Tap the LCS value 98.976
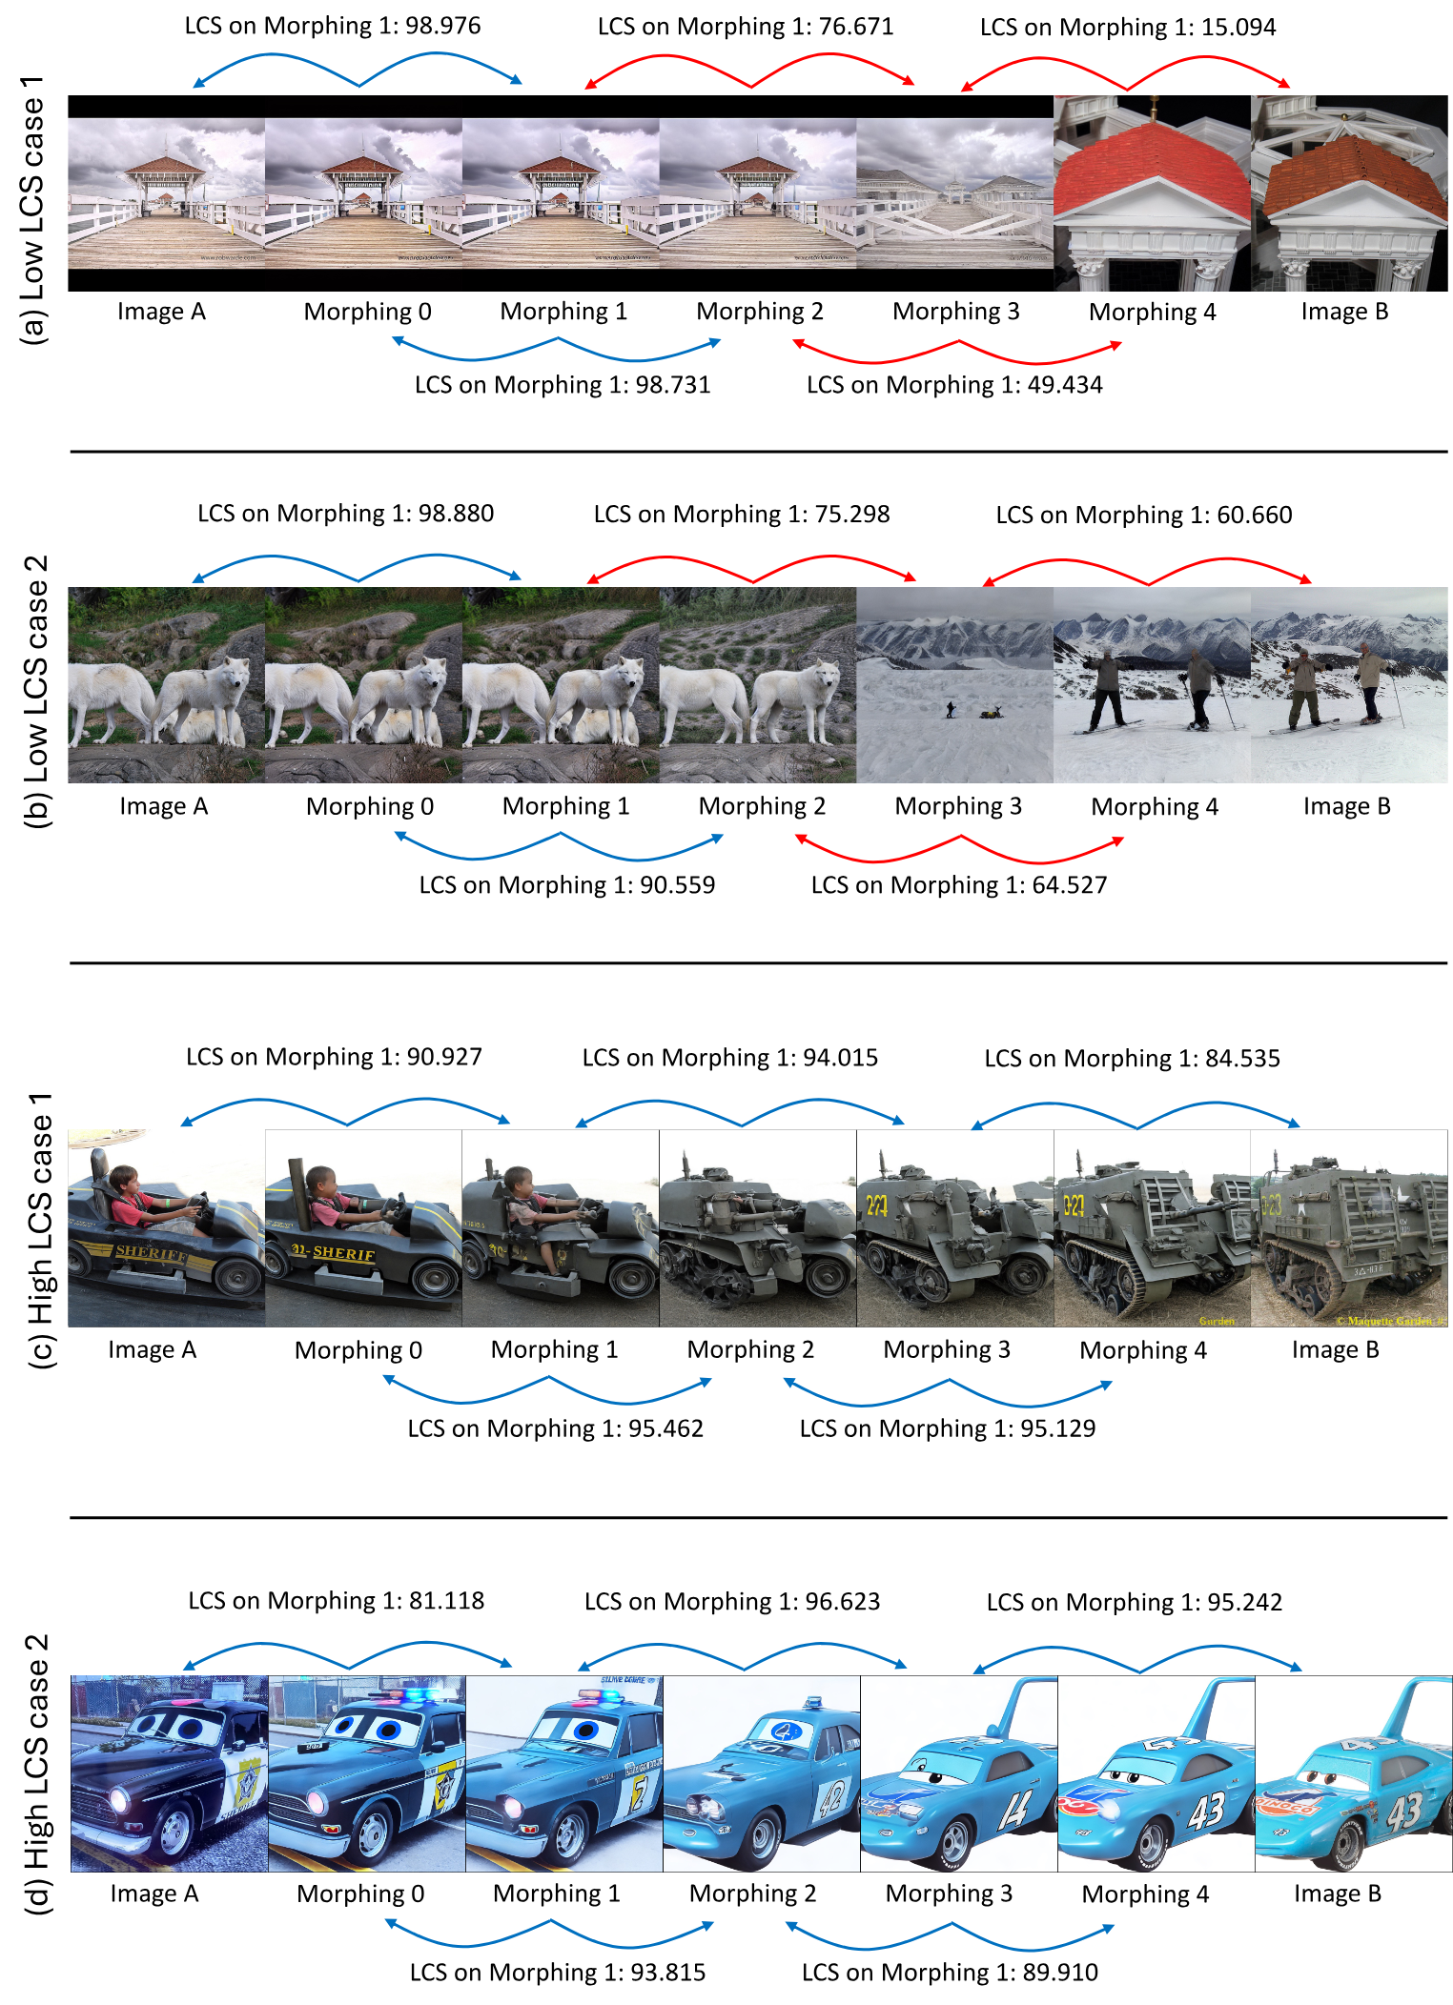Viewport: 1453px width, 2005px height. click(443, 26)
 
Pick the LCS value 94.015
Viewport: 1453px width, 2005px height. click(840, 1058)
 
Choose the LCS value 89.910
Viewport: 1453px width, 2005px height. click(1060, 1973)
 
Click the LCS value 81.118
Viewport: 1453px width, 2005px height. click(446, 1601)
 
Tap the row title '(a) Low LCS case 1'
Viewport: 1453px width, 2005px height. click(33, 210)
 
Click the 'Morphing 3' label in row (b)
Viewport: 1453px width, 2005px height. click(957, 807)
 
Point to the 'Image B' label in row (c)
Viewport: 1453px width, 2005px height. click(1335, 1350)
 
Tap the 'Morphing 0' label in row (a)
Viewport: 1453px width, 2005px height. click(367, 313)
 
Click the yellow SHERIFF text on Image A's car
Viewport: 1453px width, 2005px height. click(153, 1251)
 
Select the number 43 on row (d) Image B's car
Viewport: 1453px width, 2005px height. click(1403, 1811)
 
